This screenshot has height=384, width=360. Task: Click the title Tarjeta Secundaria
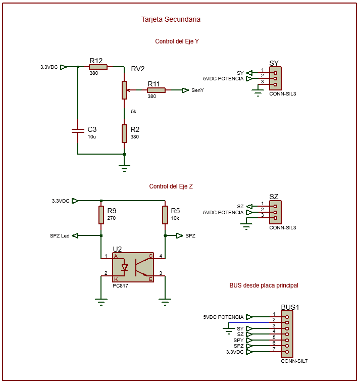[x=171, y=19]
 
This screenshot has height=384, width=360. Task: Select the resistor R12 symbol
[x=98, y=67]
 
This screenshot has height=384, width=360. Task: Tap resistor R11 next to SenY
[x=156, y=90]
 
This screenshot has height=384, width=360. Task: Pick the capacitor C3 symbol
[x=78, y=131]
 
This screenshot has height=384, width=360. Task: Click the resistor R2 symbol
[x=124, y=134]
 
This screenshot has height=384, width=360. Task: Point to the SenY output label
[x=197, y=90]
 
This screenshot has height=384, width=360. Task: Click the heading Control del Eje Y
[x=177, y=41]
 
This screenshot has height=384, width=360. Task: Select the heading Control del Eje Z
[x=171, y=186]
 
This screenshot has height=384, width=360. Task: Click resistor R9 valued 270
[x=101, y=215]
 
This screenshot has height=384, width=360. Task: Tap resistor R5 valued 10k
[x=165, y=215]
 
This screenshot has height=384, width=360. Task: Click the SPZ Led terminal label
[x=60, y=236]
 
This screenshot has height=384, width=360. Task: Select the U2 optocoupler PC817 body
[x=133, y=267]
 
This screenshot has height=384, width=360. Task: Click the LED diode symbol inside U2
[x=124, y=267]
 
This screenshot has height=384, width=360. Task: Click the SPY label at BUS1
[x=238, y=340]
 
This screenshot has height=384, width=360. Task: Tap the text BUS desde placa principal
[x=264, y=285]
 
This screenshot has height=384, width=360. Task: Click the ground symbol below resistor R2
[x=124, y=168]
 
